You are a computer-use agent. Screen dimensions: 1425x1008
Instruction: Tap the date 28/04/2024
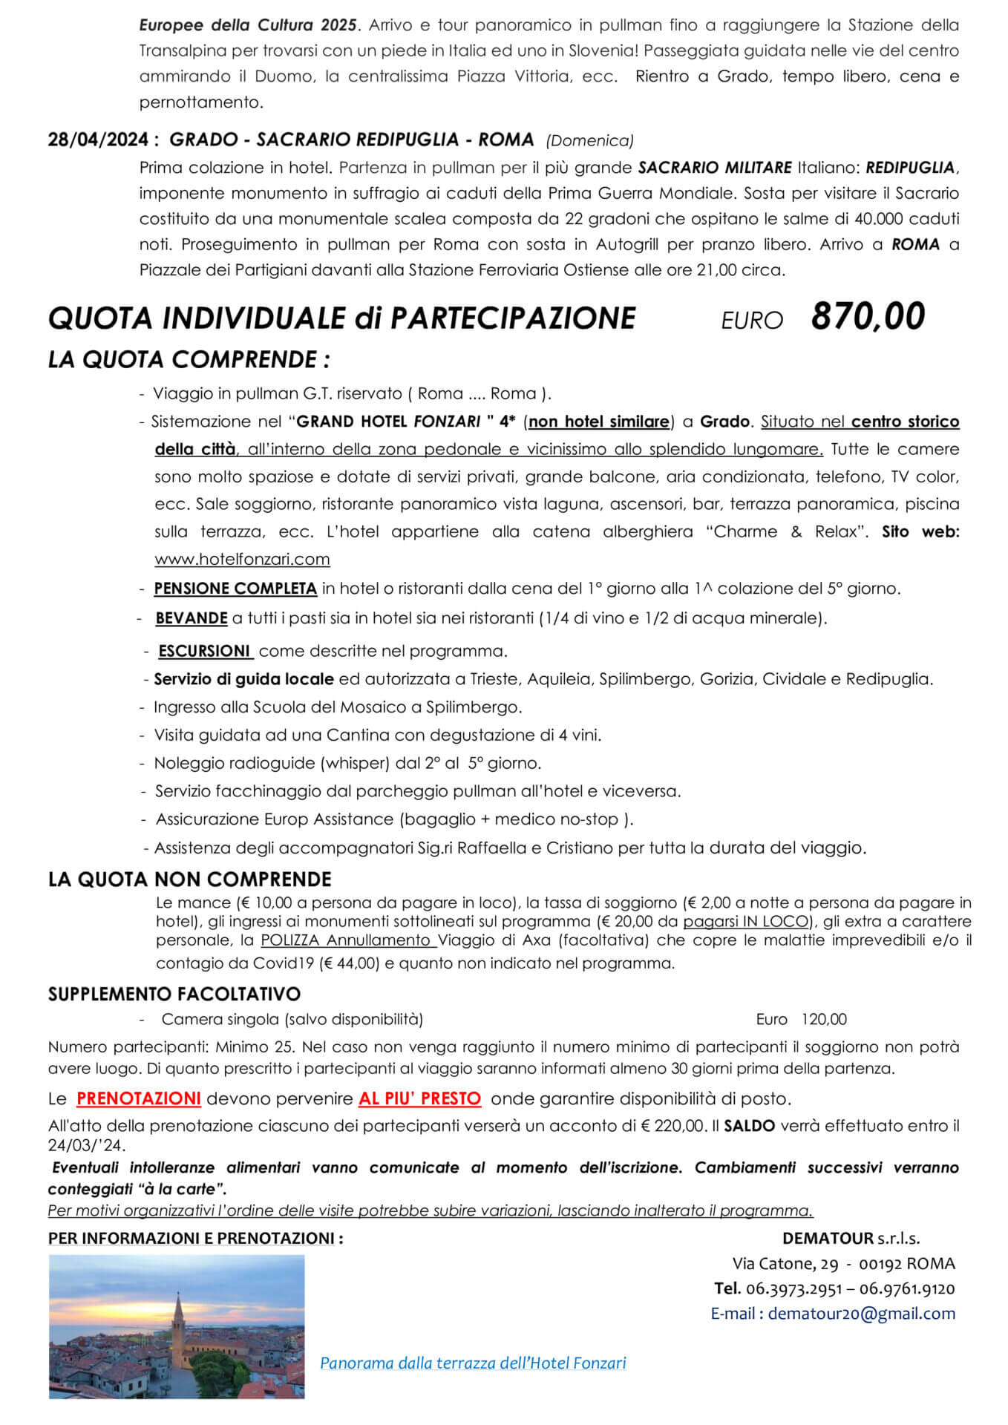[x=97, y=140]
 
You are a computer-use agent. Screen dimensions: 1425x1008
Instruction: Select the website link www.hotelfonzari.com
[x=242, y=559]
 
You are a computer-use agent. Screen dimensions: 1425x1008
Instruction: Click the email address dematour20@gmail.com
[x=861, y=1313]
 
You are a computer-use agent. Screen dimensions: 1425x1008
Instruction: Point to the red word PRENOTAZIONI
[x=138, y=1098]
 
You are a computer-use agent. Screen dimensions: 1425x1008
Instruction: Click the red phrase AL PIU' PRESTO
[x=419, y=1098]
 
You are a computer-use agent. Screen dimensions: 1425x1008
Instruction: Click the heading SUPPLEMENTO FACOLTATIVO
[x=174, y=994]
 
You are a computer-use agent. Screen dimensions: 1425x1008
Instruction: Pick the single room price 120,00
[x=823, y=1019]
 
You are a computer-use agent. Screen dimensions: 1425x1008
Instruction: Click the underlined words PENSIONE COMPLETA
[x=235, y=589]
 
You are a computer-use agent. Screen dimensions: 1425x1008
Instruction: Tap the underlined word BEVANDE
[x=191, y=617]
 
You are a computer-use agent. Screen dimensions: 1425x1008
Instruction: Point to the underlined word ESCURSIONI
[x=205, y=651]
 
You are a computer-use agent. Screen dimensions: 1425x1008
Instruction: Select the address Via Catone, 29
[x=785, y=1263]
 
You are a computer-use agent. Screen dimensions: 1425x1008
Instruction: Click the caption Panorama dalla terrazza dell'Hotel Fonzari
[x=473, y=1363]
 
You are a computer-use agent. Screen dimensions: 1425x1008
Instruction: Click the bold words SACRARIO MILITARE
[x=716, y=168]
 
